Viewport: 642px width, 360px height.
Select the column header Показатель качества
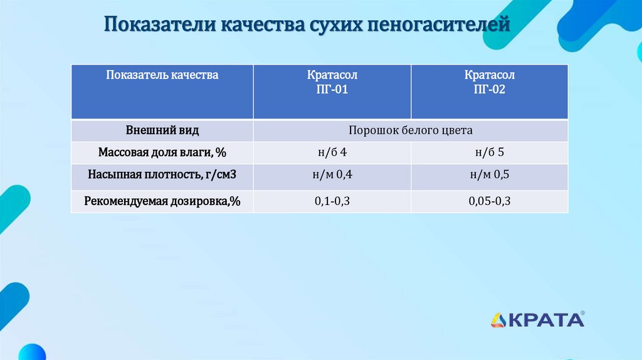(162, 75)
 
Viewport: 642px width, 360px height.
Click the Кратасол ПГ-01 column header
(332, 82)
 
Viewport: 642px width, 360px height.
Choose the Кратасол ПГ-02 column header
(489, 82)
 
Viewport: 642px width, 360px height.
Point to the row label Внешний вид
(162, 131)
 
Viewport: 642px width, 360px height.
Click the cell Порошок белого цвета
(411, 131)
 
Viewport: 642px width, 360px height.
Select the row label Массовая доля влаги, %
(162, 153)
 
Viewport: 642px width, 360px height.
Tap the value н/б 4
(332, 153)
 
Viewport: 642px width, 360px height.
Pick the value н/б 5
(489, 153)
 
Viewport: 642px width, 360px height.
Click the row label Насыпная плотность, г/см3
(162, 175)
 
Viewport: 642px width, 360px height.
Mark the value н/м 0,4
(332, 175)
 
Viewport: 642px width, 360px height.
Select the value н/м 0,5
(489, 175)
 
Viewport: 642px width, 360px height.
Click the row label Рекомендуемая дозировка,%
(162, 201)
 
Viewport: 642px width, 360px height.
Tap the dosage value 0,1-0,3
(332, 201)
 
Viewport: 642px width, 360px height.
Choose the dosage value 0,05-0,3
(489, 201)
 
